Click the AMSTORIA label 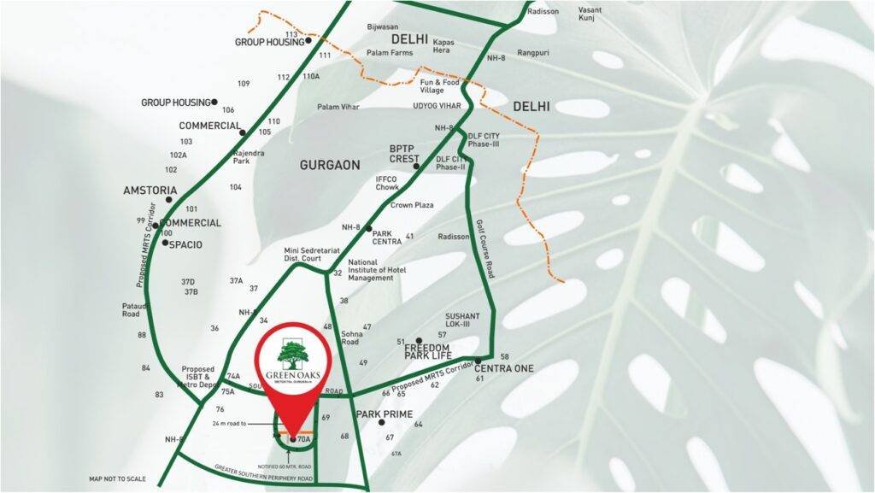point(150,190)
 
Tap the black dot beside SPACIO point(165,244)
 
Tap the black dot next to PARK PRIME point(369,422)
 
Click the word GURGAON point(330,164)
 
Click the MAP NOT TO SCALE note point(118,478)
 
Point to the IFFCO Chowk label point(389,183)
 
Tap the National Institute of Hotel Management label point(376,270)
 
